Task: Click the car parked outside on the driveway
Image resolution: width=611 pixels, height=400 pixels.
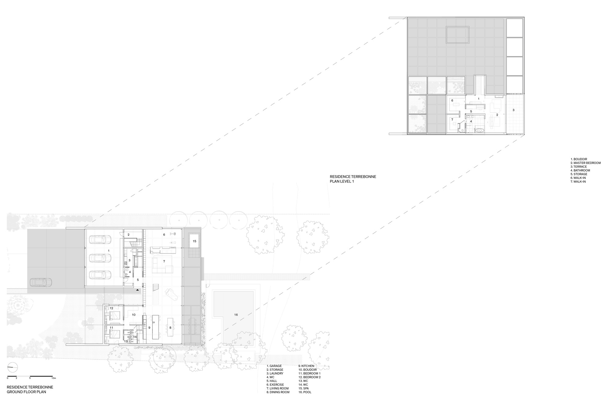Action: click(41, 282)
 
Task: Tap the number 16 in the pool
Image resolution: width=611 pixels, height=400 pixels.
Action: click(236, 315)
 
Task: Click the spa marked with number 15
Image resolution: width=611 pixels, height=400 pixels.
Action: click(195, 241)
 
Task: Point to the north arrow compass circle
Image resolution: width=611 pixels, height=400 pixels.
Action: click(13, 367)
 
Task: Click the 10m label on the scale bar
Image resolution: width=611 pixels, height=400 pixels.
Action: click(54, 378)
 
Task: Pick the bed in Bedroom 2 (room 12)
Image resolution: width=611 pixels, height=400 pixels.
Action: click(115, 315)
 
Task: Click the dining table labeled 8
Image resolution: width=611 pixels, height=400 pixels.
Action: click(170, 328)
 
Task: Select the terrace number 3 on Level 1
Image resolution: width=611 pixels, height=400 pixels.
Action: click(513, 110)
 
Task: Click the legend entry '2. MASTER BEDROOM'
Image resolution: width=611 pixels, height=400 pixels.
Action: click(586, 163)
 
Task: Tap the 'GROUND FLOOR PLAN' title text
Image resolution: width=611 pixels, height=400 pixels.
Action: click(26, 392)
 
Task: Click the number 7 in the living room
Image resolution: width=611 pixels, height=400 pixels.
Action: click(164, 261)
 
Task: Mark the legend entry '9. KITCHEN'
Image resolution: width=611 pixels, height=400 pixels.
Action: click(306, 366)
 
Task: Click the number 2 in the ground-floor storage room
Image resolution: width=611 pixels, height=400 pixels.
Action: click(129, 235)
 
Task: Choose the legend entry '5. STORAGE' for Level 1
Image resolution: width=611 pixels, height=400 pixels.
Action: click(579, 174)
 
